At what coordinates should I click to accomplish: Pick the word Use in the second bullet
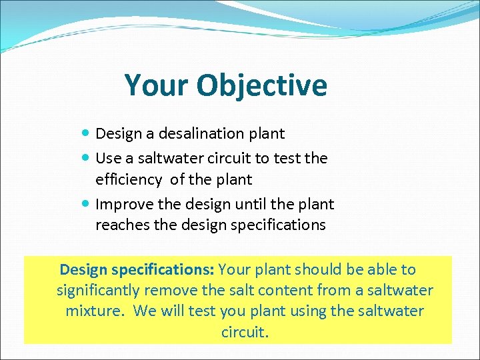click(107, 159)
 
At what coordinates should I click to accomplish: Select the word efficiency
click(129, 180)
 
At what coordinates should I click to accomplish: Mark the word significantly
click(99, 291)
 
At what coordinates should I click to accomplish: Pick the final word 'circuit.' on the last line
click(245, 332)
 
